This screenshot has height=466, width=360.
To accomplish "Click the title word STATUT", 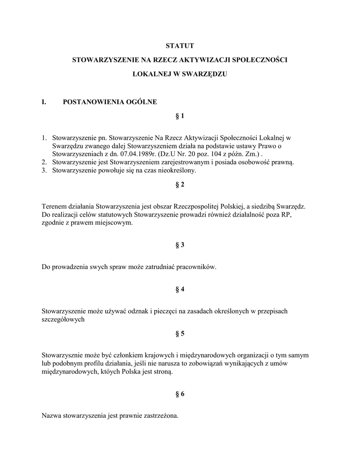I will pyautogui.click(x=180, y=46).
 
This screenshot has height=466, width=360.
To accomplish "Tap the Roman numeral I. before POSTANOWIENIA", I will pyautogui.click(x=44, y=102).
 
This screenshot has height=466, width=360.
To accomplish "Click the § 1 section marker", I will pyautogui.click(x=180, y=116).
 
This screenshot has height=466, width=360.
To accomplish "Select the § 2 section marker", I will pyautogui.click(x=180, y=184).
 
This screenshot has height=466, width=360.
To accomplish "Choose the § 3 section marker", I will pyautogui.click(x=180, y=245).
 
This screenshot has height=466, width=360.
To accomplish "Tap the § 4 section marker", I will pyautogui.click(x=180, y=289).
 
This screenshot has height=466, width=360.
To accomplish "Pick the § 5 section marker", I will pyautogui.click(x=180, y=334).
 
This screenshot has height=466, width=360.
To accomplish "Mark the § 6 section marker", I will pyautogui.click(x=180, y=394).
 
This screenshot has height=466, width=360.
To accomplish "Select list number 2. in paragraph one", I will pyautogui.click(x=44, y=162).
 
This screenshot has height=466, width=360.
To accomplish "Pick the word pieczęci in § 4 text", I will pyautogui.click(x=154, y=311).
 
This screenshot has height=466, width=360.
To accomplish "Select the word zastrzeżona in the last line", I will pyautogui.click(x=161, y=416).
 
